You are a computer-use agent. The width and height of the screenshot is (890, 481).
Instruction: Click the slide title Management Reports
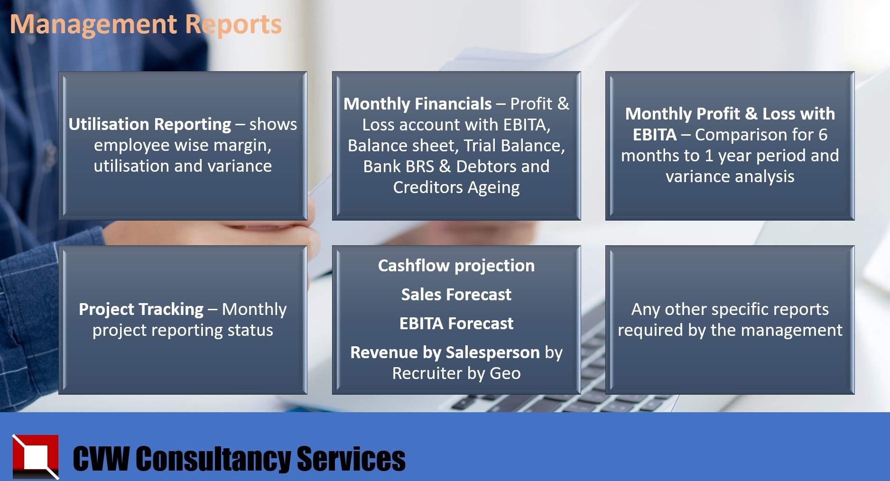point(146,25)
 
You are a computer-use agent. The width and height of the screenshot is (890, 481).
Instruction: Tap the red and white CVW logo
point(36,457)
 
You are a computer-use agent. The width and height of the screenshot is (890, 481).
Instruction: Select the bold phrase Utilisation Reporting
point(149,124)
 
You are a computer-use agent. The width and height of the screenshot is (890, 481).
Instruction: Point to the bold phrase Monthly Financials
point(417,104)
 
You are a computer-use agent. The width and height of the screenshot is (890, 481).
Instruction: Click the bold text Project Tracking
point(141,309)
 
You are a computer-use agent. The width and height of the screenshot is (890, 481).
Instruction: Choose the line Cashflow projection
point(456,266)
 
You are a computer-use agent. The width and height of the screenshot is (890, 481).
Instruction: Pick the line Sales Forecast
point(456,295)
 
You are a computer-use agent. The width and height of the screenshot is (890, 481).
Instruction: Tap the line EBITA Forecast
point(456,324)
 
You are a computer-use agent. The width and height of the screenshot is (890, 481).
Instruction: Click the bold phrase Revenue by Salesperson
point(445,352)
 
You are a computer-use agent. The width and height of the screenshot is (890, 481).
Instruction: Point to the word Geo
point(505,373)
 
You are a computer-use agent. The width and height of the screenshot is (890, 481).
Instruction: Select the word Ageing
point(494,188)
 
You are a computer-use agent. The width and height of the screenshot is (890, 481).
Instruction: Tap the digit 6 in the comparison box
point(823,135)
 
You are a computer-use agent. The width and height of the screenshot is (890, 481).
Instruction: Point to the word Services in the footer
point(351,459)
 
